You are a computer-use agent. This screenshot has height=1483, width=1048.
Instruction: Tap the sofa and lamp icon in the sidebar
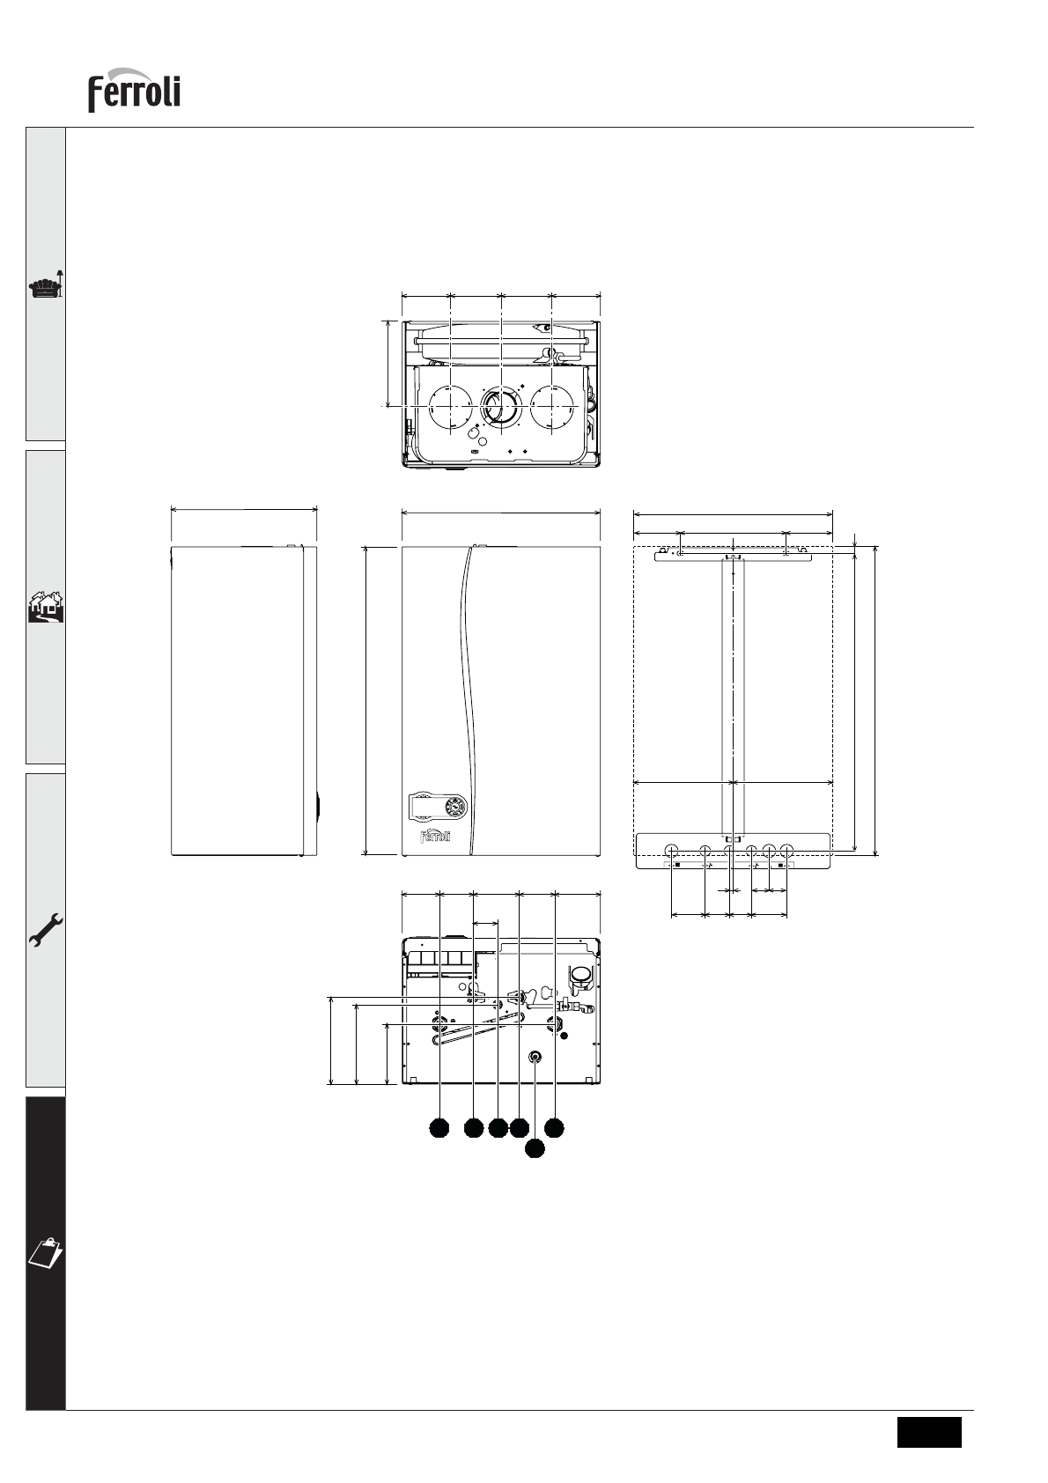pyautogui.click(x=47, y=284)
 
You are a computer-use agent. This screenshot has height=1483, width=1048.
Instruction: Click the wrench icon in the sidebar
pyautogui.click(x=46, y=930)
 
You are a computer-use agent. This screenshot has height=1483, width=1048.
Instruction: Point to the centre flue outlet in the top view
pyautogui.click(x=500, y=406)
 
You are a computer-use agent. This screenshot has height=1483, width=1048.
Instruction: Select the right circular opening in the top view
pyautogui.click(x=552, y=406)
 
